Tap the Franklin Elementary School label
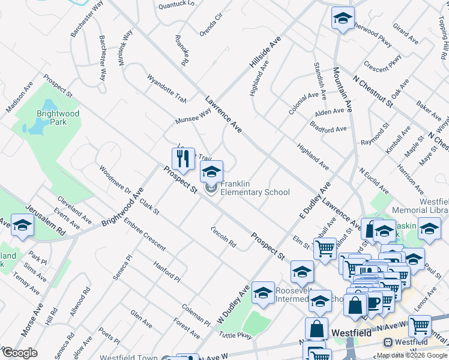pyautogui.click(x=255, y=188)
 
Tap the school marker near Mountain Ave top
pyautogui.click(x=343, y=19)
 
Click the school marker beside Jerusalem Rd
pyautogui.click(x=22, y=226)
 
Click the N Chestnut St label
pyautogui.click(x=372, y=91)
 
